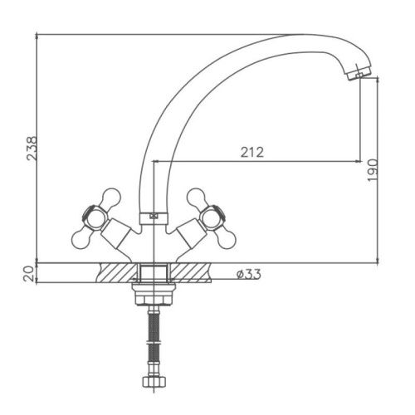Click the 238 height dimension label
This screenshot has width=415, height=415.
(32, 148)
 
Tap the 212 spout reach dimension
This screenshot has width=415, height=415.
(252, 152)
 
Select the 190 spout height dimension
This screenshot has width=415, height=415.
(373, 170)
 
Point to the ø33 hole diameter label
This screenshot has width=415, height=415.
(248, 275)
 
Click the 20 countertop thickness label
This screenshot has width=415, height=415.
(29, 274)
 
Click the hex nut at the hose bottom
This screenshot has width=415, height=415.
(154, 382)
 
